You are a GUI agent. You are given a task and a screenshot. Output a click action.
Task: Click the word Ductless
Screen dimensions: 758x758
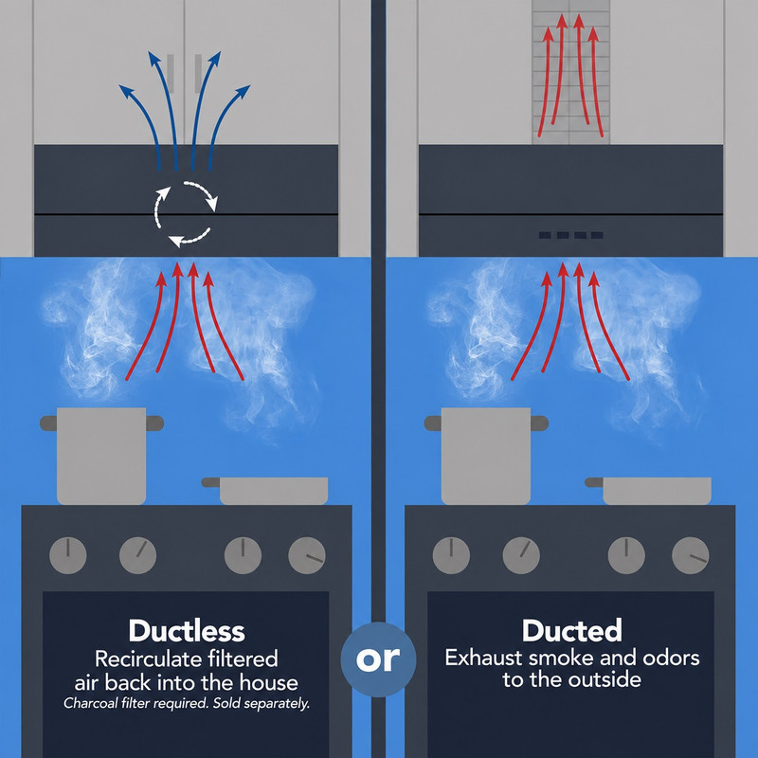click(187, 631)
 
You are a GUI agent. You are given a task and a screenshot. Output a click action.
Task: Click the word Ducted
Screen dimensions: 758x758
click(572, 630)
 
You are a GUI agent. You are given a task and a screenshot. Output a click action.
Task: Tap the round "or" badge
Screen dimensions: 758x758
click(378, 659)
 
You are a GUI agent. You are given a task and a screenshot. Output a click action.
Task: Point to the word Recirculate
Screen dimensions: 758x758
click(148, 659)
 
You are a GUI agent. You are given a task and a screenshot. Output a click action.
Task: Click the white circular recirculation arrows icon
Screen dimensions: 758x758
click(186, 214)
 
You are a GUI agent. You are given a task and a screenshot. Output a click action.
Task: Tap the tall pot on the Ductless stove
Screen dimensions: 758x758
click(101, 456)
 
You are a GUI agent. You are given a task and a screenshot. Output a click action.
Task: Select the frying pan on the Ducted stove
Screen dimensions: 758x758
click(648, 490)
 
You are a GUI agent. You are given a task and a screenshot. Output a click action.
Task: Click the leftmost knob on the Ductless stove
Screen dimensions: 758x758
click(68, 555)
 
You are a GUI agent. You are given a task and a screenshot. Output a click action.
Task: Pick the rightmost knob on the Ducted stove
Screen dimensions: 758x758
click(691, 555)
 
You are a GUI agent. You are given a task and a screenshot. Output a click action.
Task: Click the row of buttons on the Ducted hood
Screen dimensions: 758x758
click(571, 235)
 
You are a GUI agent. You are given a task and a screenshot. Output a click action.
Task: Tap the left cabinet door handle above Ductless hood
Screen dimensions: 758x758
click(171, 74)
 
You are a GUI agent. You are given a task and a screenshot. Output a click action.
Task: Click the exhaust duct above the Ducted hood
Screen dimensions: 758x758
click(571, 72)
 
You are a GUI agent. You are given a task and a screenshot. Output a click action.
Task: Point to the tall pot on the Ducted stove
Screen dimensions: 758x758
click(486, 456)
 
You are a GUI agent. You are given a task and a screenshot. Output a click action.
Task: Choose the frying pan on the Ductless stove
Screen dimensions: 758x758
click(265, 490)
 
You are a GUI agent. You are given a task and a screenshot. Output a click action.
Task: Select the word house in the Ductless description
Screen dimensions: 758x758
click(269, 682)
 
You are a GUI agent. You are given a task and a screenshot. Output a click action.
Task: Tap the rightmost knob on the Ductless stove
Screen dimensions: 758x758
click(307, 555)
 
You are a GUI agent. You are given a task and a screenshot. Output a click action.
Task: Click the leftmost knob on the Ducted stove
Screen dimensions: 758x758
click(451, 555)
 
